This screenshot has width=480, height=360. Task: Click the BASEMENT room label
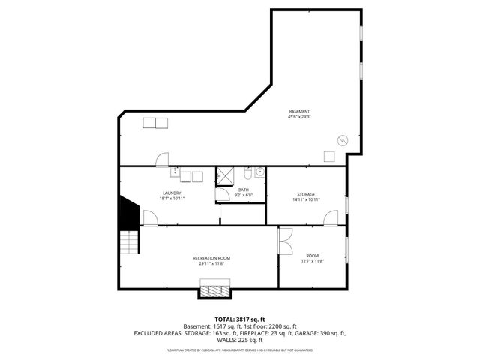[x=299, y=111]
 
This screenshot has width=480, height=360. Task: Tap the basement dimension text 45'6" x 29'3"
[x=299, y=117]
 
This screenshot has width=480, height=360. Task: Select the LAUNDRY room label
[x=172, y=193]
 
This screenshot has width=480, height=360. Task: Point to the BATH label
[x=244, y=190]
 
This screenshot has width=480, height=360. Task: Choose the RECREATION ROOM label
[x=211, y=257]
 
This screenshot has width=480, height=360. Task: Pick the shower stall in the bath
[x=225, y=177]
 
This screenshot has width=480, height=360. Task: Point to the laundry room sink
[x=175, y=175]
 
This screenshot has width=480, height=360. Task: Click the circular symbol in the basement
[x=343, y=139]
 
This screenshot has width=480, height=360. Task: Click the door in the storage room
[x=330, y=218]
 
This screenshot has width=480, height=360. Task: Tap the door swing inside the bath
[x=223, y=193]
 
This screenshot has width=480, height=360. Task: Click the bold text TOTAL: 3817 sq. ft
[x=239, y=319]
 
